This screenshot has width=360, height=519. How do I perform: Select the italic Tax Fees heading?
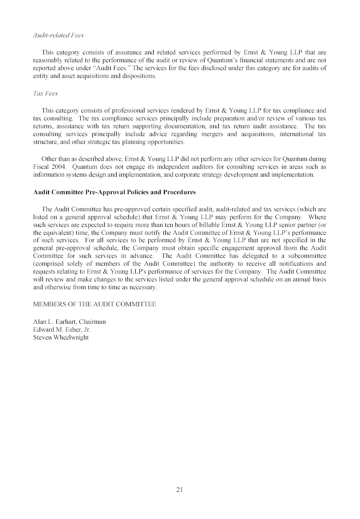[x=45, y=93]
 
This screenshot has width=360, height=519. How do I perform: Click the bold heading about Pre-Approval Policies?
[x=114, y=192]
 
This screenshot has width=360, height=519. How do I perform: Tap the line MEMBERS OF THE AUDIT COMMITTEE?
[x=95, y=304]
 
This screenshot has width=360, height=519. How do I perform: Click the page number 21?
[x=180, y=490]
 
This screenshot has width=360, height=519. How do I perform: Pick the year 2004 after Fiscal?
[x=60, y=167]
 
